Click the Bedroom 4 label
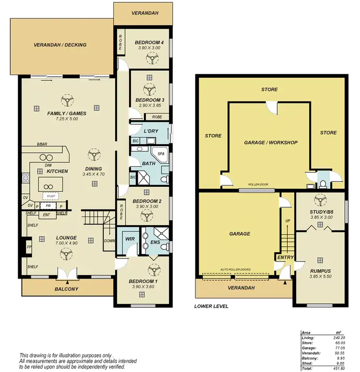coord(149,42)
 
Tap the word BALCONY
coord(67,289)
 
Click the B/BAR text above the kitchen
coord(42,145)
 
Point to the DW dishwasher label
coord(48,165)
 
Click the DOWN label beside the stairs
coord(109,241)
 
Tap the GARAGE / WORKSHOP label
coord(271,142)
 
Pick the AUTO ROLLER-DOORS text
coord(235,270)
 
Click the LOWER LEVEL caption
coord(211,306)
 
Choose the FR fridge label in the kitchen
coord(48,205)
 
